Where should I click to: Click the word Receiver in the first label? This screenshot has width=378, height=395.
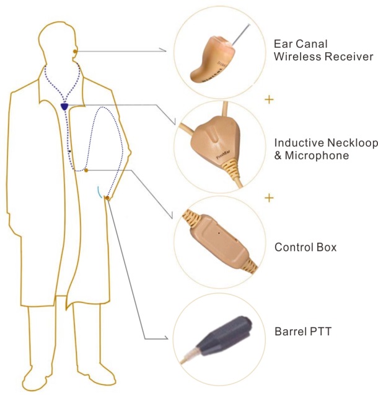[349, 56]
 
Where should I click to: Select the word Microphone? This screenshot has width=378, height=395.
[317, 155]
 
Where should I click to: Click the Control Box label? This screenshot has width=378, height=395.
[305, 247]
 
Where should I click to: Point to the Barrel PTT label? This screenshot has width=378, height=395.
[303, 331]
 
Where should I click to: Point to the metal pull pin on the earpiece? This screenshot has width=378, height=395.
[241, 35]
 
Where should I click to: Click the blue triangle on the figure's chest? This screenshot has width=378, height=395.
[64, 107]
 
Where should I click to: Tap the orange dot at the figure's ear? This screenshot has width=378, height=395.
[75, 52]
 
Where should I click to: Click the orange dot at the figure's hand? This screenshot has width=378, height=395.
[107, 198]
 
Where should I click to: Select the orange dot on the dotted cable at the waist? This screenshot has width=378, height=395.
[86, 171]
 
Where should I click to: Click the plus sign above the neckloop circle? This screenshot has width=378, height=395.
[269, 100]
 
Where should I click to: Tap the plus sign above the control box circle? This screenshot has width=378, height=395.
[269, 198]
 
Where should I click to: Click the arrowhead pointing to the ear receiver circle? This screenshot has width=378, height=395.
[164, 50]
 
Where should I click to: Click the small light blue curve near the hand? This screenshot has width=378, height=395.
[99, 192]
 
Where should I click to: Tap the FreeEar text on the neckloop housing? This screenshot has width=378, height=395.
[224, 154]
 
